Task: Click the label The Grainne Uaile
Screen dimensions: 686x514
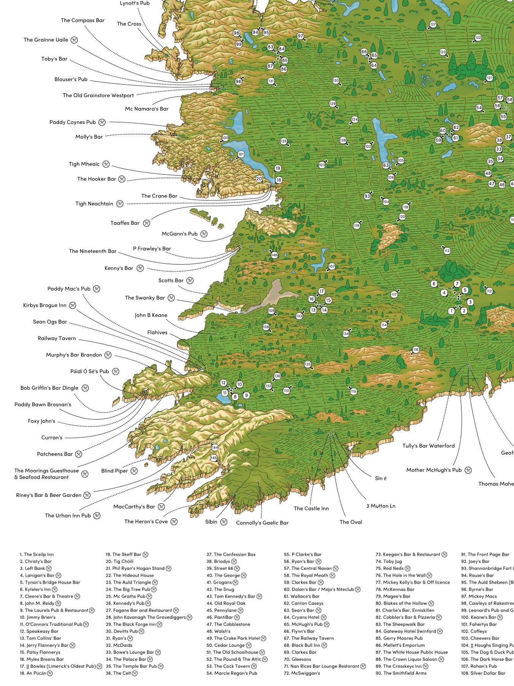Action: (46, 40)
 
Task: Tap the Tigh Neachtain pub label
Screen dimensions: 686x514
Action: (94, 204)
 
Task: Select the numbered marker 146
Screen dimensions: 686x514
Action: (274, 255)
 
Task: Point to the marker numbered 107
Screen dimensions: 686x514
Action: (332, 266)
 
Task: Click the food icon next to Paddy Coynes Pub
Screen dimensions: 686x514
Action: (102, 122)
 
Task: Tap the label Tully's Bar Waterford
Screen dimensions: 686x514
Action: (428, 446)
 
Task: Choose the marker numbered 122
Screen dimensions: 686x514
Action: (478, 38)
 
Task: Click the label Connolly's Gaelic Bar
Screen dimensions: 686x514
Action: (262, 523)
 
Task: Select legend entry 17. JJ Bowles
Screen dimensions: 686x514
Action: (57, 666)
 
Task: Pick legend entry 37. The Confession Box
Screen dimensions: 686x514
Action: (231, 555)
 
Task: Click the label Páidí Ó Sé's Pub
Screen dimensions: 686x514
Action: (89, 371)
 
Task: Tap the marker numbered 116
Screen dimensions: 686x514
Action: (416, 349)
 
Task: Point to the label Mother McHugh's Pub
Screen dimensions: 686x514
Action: (434, 470)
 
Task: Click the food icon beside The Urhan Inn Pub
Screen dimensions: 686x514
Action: (97, 516)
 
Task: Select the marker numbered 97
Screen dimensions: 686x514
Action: (300, 36)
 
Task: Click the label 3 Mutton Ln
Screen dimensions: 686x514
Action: (381, 506)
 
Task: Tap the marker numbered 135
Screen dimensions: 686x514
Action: (308, 365)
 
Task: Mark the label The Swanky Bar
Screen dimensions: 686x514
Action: (145, 298)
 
